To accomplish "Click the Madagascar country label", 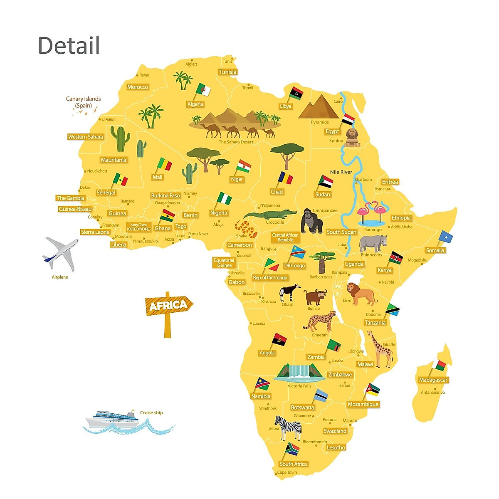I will (x=433, y=380).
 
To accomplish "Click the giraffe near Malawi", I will (x=381, y=349).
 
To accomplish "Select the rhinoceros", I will (x=373, y=243).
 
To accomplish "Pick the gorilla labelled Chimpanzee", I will (x=311, y=221).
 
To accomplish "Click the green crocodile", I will (x=269, y=215).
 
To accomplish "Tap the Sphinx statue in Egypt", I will (x=352, y=138).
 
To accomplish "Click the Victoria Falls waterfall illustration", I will (x=300, y=373).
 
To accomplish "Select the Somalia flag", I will (x=445, y=237).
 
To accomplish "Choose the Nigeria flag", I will (x=224, y=198).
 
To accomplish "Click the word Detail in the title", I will (x=69, y=45).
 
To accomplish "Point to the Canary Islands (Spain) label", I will (x=83, y=102).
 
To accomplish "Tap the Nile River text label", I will (x=341, y=172).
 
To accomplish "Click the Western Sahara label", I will (x=85, y=137).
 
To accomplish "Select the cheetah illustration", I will (x=321, y=321).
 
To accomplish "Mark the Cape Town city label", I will (x=287, y=472).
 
